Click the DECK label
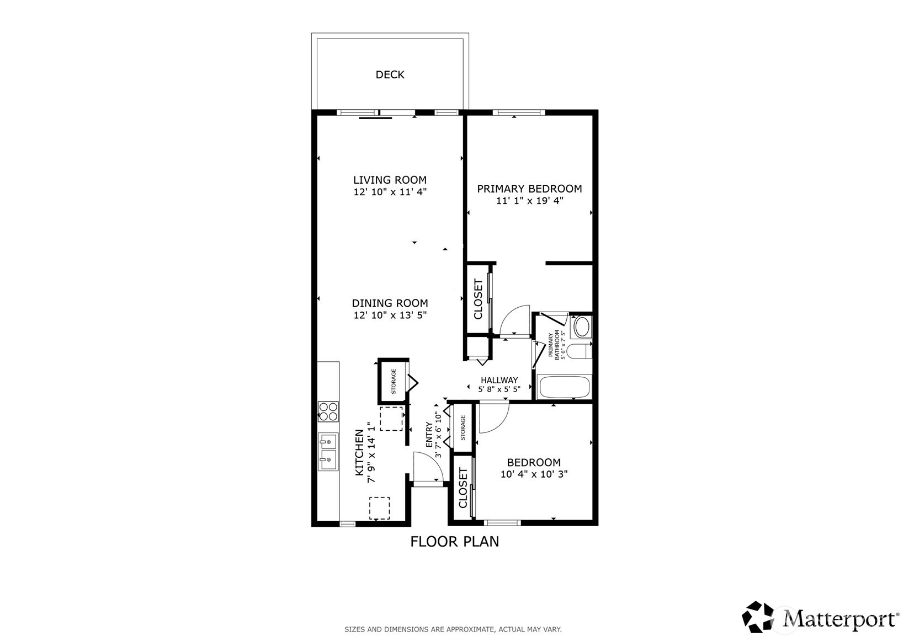pos(390,74)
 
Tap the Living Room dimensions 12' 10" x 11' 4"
pos(390,192)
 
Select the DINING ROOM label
pos(390,303)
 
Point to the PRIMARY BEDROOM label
pos(529,189)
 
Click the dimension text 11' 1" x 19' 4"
pos(529,201)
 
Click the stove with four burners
pos(328,412)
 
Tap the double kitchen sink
pos(328,452)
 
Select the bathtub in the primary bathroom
pos(564,387)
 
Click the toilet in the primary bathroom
pos(579,351)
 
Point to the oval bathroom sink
pos(581,327)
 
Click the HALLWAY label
pos(499,380)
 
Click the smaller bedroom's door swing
pos(493,418)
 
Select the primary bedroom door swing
pos(515,320)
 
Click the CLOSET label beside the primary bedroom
pos(478,299)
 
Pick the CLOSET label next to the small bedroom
pos(463,488)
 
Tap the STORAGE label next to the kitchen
pos(394,381)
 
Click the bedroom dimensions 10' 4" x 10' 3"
pos(534,474)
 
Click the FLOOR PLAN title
pos(454,542)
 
